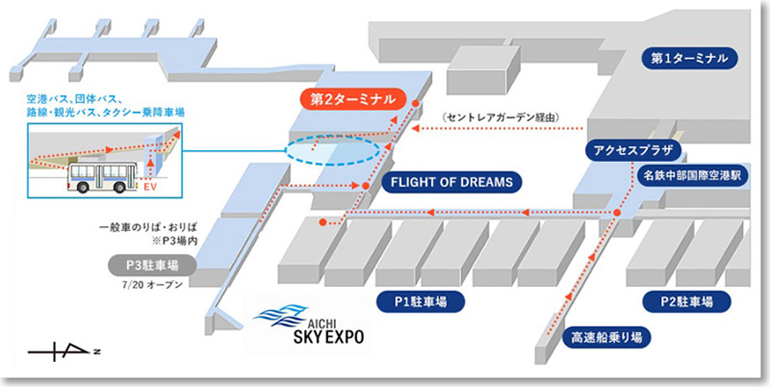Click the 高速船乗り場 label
pyautogui.click(x=603, y=337)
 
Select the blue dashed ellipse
pyautogui.click(x=332, y=152)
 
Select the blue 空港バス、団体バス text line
pyautogui.click(x=86, y=98)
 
